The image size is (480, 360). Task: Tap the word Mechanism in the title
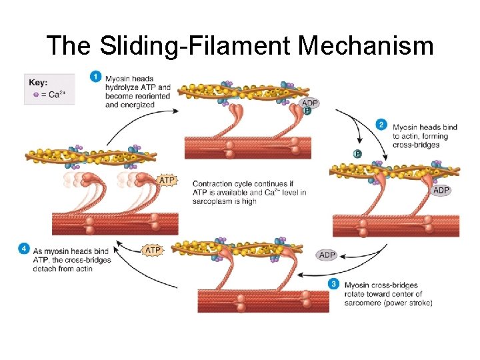tap(366, 46)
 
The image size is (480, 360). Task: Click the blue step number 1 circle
tap(97, 77)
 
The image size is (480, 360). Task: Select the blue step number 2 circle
tap(381, 125)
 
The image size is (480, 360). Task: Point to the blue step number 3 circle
tap(334, 283)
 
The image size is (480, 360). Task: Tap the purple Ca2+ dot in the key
tap(36, 95)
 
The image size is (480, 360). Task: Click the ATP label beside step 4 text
tap(153, 251)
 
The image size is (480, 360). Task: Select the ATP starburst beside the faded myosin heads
tap(167, 180)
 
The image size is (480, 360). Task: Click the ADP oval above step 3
tap(327, 255)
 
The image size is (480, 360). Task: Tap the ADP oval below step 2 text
tap(441, 191)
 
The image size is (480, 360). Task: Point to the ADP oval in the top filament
tap(309, 103)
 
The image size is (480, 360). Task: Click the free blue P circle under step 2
tap(358, 154)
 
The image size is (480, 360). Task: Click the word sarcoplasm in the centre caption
tap(219, 202)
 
